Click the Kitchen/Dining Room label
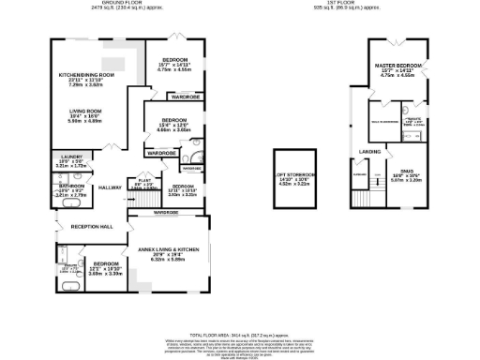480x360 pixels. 86,75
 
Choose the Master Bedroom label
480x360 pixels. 399,67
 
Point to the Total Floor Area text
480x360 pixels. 239,334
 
